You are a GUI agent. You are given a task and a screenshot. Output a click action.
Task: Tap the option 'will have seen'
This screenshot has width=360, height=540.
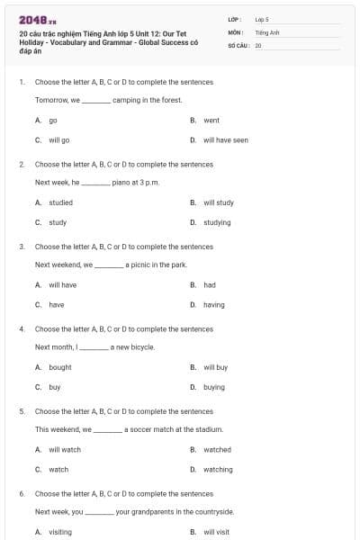pos(225,140)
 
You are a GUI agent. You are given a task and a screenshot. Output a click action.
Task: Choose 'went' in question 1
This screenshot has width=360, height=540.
pos(211,120)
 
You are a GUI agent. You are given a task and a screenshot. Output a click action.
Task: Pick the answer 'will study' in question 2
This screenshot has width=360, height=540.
pos(219,202)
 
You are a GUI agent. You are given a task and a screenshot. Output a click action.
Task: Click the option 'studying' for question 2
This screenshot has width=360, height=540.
pos(217,222)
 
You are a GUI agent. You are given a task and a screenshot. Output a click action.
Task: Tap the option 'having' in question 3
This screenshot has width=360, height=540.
pos(214,305)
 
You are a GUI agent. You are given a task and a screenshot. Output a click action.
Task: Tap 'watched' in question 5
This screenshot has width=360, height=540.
pos(217,449)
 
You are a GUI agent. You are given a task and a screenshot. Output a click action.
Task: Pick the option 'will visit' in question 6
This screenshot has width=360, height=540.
pos(216,532)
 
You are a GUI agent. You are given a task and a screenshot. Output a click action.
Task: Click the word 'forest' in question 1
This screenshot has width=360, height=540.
pos(170,100)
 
